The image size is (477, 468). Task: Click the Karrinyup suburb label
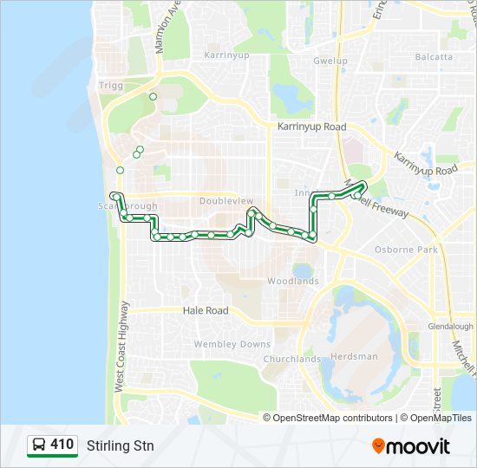tap(225, 55)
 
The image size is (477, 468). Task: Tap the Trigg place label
tap(111, 85)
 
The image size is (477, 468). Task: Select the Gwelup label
tap(330, 62)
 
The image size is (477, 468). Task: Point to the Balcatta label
tap(434, 57)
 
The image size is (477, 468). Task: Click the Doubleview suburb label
tap(226, 200)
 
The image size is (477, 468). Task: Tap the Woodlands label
tap(292, 281)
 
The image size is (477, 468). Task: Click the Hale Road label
tap(206, 310)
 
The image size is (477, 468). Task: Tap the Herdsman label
tap(356, 356)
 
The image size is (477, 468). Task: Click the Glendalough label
tap(451, 327)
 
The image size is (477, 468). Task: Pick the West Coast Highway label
tap(121, 347)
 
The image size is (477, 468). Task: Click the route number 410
tap(62, 445)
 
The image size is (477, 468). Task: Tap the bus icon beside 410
tap(39, 445)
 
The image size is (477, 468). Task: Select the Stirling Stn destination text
tap(121, 445)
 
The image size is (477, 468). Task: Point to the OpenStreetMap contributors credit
tap(332, 418)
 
